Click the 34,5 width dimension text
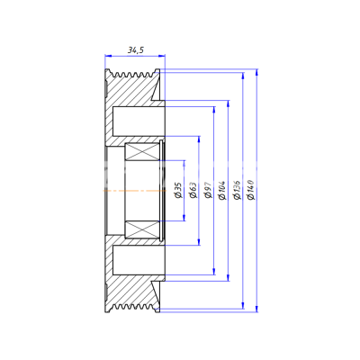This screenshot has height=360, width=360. point(136,49)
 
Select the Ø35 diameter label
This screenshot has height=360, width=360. point(178,190)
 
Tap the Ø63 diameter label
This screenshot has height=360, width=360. point(193,190)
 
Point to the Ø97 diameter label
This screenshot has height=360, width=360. point(208,190)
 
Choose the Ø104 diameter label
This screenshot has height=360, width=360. point(222,190)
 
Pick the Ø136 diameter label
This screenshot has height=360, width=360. point(237,190)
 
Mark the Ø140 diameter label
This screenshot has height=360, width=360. point(251,190)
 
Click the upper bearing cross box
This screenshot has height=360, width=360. point(142,151)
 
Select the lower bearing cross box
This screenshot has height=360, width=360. point(142,229)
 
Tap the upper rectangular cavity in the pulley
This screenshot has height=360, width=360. point(139,121)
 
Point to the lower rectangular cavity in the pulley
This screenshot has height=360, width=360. point(139,260)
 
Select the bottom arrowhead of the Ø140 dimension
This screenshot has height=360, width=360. point(256,309)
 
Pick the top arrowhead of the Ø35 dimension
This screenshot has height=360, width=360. point(184,164)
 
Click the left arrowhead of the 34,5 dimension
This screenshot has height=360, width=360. point(108,56)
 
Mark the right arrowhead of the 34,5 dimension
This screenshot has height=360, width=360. point(162,56)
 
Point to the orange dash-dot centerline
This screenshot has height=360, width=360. point(134,191)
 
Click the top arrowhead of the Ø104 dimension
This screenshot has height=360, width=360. point(229,103)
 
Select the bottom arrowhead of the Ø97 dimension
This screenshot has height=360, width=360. point(214,271)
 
